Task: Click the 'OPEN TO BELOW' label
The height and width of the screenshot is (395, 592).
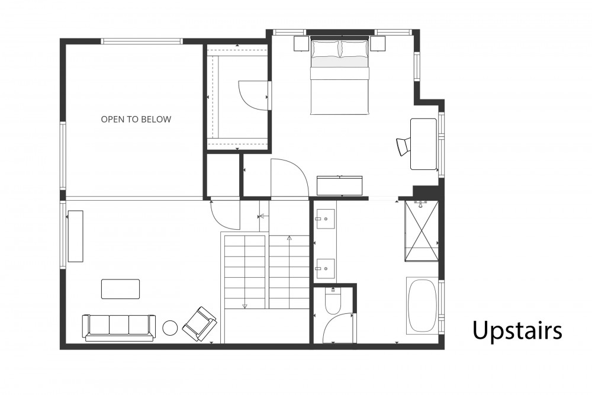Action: (x=136, y=120)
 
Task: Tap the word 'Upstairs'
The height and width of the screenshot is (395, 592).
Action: (x=517, y=331)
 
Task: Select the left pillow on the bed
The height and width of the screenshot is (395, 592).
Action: (x=326, y=49)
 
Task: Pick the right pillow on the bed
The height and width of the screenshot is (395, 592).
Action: (x=354, y=49)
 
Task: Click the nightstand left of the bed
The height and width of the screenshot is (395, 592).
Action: (x=302, y=44)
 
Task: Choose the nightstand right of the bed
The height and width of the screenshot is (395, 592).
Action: (x=378, y=44)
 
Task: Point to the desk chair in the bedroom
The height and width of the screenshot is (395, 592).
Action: (x=403, y=146)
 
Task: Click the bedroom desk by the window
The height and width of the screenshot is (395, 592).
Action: (x=424, y=144)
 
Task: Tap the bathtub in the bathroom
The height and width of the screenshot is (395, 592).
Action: (x=423, y=306)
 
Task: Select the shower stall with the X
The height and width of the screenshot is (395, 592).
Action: (x=422, y=231)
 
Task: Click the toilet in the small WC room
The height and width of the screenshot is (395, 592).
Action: (x=333, y=301)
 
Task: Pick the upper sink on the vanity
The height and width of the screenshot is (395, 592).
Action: (x=325, y=219)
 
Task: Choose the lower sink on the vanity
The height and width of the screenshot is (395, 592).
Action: (x=325, y=269)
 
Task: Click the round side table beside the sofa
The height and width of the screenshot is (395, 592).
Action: (x=170, y=327)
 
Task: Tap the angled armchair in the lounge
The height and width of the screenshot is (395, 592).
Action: (x=200, y=323)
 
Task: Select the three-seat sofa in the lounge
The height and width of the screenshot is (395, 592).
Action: (x=119, y=327)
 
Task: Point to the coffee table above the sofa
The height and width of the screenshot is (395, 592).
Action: (x=120, y=289)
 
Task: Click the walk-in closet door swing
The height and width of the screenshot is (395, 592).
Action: (x=253, y=97)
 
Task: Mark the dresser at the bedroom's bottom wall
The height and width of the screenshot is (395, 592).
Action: (x=339, y=185)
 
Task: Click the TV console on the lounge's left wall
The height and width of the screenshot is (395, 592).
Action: (x=76, y=236)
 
